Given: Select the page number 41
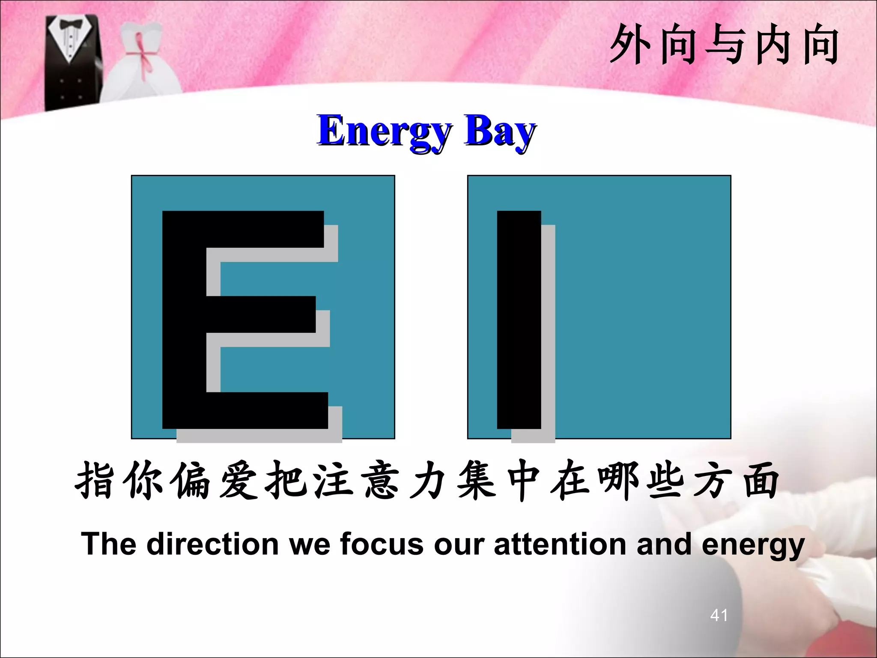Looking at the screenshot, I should (x=719, y=615).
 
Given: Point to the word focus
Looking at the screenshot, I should (x=382, y=544).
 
